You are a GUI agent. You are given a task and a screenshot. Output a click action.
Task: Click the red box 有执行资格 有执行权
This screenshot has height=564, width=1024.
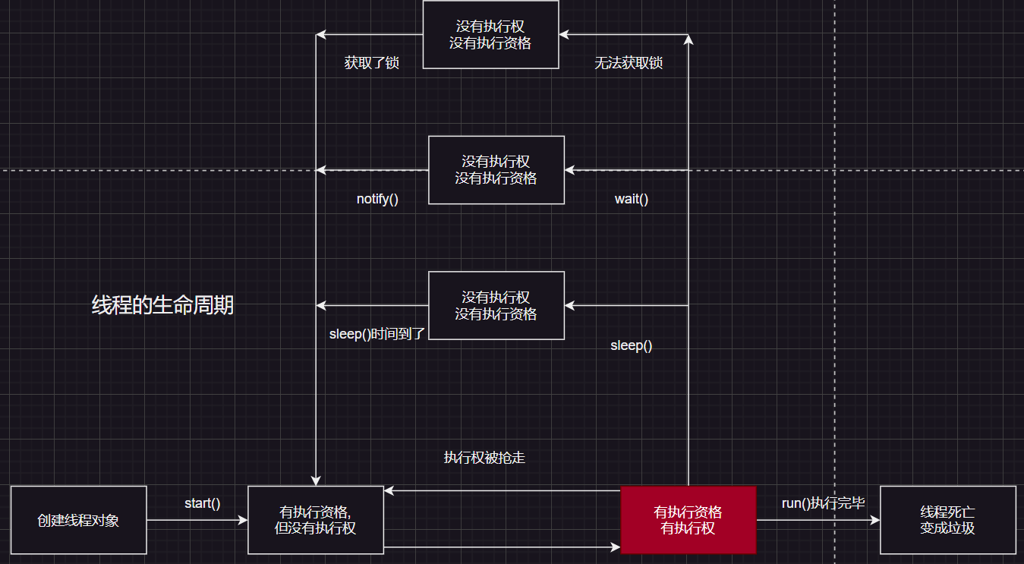[688, 520]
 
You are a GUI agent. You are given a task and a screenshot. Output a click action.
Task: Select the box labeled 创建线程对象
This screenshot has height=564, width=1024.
[78, 520]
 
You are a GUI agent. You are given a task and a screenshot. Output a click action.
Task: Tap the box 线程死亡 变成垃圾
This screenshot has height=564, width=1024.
[947, 520]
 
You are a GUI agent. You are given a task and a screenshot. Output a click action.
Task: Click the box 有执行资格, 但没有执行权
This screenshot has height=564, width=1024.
[315, 520]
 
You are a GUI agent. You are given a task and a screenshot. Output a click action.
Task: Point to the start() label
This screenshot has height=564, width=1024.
[202, 503]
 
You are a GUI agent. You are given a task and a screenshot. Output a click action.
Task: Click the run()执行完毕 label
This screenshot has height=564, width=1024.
[823, 503]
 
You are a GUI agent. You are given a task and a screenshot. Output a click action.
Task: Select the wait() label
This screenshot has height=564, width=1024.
[632, 200]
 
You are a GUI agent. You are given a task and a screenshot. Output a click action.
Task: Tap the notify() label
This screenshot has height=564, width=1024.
[377, 200]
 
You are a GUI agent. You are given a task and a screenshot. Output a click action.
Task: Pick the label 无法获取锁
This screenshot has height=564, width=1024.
[629, 63]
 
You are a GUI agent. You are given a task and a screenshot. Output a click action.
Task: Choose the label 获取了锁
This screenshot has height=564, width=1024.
[371, 63]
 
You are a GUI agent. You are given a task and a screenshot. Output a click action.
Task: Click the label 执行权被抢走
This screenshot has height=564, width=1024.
[484, 458]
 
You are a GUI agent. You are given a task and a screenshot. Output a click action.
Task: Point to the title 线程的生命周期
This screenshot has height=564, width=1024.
[162, 305]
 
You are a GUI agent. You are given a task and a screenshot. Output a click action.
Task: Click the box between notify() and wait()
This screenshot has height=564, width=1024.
[496, 170]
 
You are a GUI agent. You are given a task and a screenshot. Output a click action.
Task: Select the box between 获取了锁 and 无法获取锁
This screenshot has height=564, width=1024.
[490, 35]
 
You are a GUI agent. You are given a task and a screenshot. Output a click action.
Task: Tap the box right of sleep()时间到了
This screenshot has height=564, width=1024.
[496, 305]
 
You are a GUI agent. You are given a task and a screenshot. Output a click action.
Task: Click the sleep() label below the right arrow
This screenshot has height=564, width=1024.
[631, 345]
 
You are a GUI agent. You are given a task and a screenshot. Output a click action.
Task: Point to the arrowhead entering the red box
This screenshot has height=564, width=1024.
[616, 547]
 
